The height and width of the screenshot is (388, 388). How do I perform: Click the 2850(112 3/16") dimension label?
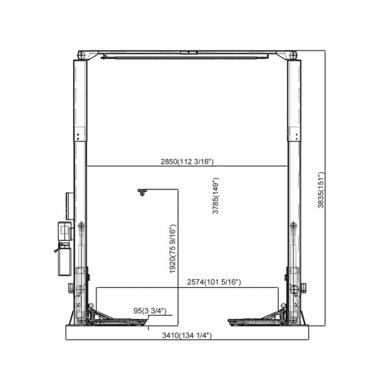pos(188,162)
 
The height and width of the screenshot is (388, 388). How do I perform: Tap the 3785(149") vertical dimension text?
pos(216,200)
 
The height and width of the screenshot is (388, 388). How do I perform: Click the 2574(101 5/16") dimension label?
pos(214,282)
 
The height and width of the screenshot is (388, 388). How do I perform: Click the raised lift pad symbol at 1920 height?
pos(142,192)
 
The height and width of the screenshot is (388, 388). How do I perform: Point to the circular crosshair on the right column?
pos(297,289)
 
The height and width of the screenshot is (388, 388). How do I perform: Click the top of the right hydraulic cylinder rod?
pos(294,225)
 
